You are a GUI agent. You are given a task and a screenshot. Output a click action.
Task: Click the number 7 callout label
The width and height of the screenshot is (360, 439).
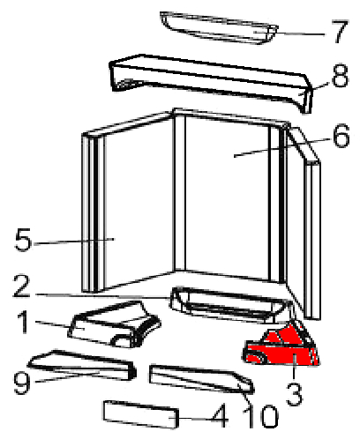coord(339,32)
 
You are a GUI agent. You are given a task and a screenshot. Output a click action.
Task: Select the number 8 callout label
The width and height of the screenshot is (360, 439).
coord(340,76)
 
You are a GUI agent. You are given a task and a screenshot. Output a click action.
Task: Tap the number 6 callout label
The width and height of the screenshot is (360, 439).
coord(341,136)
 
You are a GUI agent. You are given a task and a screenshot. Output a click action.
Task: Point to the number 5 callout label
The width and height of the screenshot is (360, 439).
coord(23,240)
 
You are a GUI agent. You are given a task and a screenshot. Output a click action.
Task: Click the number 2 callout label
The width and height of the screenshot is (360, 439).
coord(21,286)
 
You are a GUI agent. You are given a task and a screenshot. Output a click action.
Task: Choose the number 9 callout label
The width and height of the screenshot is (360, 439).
coord(22,383)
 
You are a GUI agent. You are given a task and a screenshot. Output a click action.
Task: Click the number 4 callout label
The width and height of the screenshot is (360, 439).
coord(220,415)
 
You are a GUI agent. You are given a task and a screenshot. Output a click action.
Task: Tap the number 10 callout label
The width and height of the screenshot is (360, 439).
coord(261,416)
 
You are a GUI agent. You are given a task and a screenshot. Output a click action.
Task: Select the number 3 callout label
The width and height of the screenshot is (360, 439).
coord(294,393)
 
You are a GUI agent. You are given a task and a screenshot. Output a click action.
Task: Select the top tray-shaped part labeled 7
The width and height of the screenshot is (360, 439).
coord(219,28)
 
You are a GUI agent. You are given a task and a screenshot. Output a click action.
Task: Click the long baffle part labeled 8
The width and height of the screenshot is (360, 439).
coord(210,81)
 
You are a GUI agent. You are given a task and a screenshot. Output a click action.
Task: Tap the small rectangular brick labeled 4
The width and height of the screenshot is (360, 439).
coord(141,414)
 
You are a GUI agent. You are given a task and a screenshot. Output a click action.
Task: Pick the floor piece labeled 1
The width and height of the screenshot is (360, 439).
coord(115,324)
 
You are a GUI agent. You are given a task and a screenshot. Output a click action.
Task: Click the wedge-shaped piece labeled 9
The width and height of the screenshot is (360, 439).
coord(82,365)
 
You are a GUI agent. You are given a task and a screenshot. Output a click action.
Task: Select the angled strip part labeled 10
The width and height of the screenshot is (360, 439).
coord(201,379)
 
